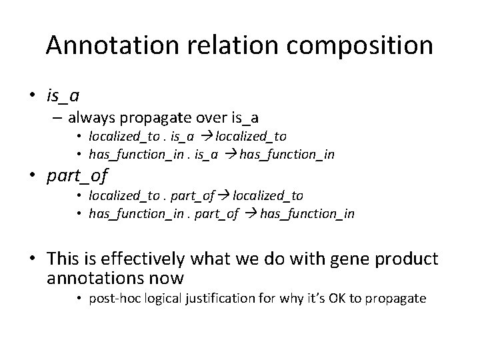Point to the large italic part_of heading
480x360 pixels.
point(77,177)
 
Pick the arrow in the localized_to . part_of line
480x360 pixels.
point(223,196)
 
